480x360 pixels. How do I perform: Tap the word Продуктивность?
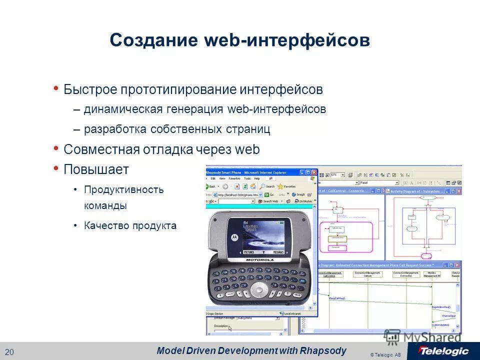pyautogui.click(x=124, y=189)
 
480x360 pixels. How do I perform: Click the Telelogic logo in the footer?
pyautogui.click(x=443, y=350)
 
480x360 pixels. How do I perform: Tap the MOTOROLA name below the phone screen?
pyautogui.click(x=259, y=260)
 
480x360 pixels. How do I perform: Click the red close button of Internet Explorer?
pyautogui.click(x=314, y=172)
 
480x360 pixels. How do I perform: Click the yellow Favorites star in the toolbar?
pyautogui.click(x=280, y=186)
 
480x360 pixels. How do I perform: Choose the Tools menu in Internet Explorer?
pyautogui.click(x=247, y=178)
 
